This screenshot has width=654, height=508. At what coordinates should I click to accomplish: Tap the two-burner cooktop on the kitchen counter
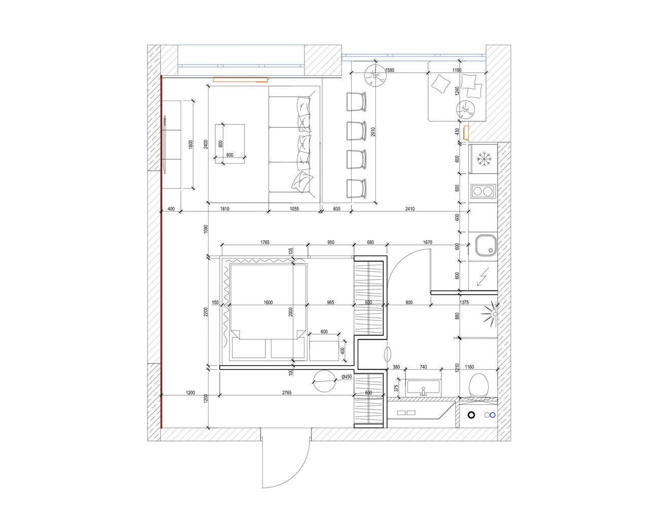[x=483, y=191]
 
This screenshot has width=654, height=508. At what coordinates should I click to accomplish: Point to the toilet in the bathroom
[x=478, y=386]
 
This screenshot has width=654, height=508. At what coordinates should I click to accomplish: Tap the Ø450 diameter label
[x=347, y=376]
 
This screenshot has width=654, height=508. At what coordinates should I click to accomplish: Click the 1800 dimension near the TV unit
[x=190, y=144]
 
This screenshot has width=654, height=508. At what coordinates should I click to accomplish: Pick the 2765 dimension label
[x=287, y=393]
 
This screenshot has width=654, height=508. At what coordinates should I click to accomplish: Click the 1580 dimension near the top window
[x=390, y=70]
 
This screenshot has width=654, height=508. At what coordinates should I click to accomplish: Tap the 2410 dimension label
[x=410, y=208]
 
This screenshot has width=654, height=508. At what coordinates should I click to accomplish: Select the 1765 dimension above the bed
[x=265, y=242]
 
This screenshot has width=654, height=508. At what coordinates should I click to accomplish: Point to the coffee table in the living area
[x=230, y=144]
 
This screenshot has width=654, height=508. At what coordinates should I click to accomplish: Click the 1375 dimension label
[x=464, y=302]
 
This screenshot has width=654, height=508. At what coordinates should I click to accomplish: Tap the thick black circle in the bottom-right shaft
[x=471, y=415]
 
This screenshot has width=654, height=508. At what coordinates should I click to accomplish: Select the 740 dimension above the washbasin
[x=423, y=367]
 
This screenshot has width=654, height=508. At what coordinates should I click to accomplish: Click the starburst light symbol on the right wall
[x=490, y=314]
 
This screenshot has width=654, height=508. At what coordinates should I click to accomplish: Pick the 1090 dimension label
[x=205, y=229]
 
